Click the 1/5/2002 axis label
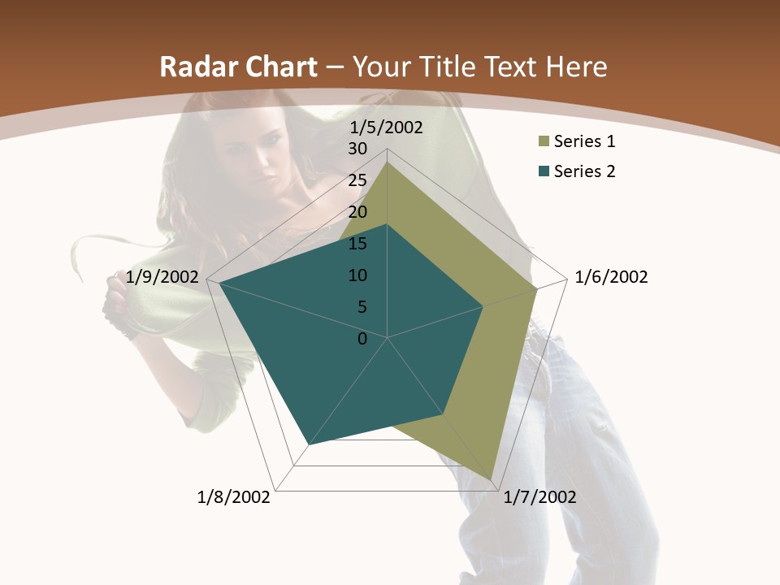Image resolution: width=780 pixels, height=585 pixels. (386, 128)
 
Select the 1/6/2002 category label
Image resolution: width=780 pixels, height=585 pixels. (611, 277)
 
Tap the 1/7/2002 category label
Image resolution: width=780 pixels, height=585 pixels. (539, 497)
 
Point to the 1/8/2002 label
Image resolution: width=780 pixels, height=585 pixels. (234, 497)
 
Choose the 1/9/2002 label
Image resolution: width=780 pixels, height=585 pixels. (162, 277)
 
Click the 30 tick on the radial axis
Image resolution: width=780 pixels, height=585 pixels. (357, 149)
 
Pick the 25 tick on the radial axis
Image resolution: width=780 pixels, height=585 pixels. (357, 180)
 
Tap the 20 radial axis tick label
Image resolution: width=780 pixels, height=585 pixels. (357, 212)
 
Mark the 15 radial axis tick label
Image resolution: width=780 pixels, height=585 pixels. (357, 244)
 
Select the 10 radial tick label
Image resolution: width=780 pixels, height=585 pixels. (357, 275)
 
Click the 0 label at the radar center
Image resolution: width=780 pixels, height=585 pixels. (362, 339)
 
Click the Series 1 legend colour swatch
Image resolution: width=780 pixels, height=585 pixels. (543, 142)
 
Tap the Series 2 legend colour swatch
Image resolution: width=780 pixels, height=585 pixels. (543, 171)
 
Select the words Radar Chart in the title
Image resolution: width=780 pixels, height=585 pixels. (238, 67)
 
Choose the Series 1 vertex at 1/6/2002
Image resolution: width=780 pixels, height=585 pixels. (536, 288)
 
